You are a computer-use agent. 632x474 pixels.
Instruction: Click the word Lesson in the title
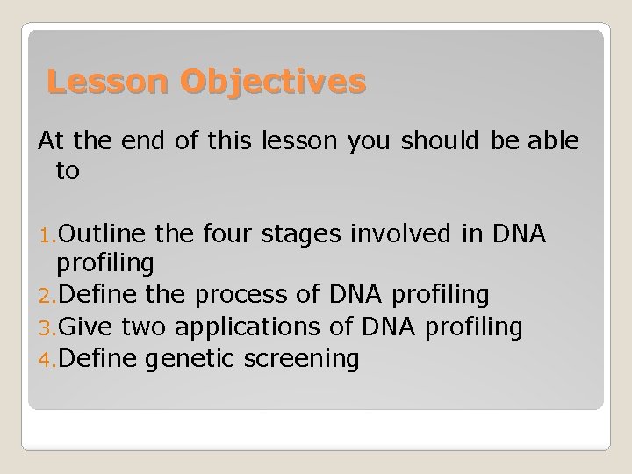click(107, 82)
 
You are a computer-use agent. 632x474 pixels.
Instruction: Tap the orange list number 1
click(47, 236)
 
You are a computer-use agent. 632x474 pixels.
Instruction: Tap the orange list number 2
click(47, 297)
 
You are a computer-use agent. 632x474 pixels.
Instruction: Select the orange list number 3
click(47, 327)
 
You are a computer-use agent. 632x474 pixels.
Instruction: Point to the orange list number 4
click(47, 360)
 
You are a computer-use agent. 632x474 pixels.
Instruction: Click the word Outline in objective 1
click(102, 233)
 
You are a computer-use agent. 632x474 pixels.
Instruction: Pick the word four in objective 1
click(227, 233)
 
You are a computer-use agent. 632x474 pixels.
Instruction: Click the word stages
click(301, 235)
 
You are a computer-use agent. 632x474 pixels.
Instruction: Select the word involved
click(400, 233)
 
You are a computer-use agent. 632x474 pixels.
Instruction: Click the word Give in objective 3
click(85, 326)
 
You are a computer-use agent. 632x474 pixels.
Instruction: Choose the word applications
click(248, 327)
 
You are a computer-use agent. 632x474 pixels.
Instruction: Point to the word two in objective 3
click(143, 327)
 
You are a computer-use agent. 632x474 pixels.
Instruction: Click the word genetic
click(190, 360)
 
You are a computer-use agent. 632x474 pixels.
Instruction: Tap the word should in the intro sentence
click(440, 140)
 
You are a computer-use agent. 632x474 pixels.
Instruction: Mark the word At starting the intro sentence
click(51, 140)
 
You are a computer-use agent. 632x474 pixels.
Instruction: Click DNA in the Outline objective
click(519, 233)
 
